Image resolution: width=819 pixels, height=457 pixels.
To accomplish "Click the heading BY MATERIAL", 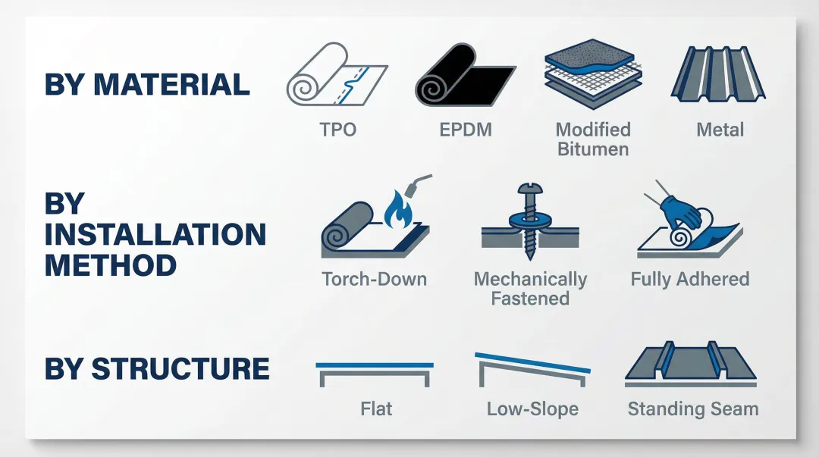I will click(x=147, y=84).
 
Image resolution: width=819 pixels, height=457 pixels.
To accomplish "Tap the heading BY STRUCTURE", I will click(x=157, y=369).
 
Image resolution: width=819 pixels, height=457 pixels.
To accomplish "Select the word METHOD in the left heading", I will click(x=111, y=265).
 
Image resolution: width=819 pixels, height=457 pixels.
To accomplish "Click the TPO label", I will click(x=338, y=130).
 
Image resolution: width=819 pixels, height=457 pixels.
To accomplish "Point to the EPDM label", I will click(x=466, y=130).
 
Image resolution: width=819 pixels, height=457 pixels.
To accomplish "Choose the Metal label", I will click(x=720, y=130).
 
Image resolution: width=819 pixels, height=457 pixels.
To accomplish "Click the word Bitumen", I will click(x=593, y=149).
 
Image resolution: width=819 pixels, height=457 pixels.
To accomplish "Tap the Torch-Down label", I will click(x=375, y=279).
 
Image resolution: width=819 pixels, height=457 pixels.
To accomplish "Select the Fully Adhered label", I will click(x=689, y=279).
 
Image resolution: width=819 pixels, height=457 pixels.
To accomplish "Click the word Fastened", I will click(x=530, y=298).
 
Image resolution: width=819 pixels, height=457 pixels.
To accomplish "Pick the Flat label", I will click(x=376, y=409).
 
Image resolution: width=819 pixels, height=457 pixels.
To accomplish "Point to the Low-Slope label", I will click(x=532, y=409).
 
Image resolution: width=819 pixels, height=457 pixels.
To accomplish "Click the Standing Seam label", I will click(x=692, y=409).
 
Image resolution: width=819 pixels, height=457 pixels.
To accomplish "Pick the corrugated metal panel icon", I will click(x=719, y=76).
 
